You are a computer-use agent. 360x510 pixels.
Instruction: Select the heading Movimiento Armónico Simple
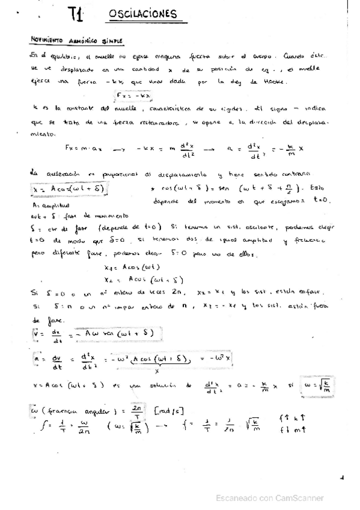pos(76,40)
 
